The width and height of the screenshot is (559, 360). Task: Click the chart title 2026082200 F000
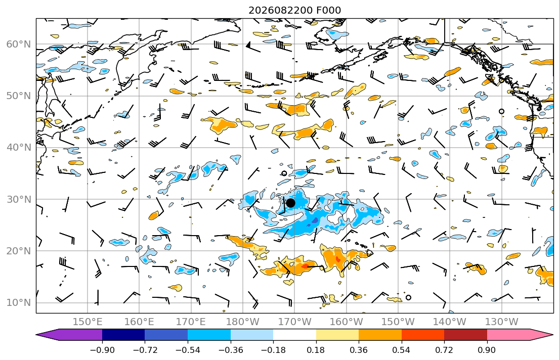[294, 10]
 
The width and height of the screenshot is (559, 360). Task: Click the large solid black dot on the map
[290, 203]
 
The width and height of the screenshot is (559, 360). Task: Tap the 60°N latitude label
[19, 44]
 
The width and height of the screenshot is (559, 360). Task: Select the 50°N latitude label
[19, 96]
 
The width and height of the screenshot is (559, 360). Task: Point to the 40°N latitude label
[19, 148]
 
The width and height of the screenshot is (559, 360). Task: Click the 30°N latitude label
[19, 199]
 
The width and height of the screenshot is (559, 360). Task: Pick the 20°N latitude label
[19, 251]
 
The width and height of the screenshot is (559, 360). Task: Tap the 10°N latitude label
[19, 303]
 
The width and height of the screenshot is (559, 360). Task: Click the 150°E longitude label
[88, 322]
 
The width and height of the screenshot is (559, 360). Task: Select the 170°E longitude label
[191, 322]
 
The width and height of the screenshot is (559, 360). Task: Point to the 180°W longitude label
[243, 322]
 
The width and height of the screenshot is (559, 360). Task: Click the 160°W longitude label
[346, 322]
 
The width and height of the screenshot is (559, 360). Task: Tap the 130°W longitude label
[502, 322]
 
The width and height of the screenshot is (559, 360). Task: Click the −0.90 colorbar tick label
[102, 350]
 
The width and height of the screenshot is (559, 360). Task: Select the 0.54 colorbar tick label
[402, 350]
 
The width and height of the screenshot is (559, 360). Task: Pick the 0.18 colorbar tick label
[316, 350]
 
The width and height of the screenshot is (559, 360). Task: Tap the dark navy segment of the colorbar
[123, 335]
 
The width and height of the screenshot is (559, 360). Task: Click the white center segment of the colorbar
[294, 335]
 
